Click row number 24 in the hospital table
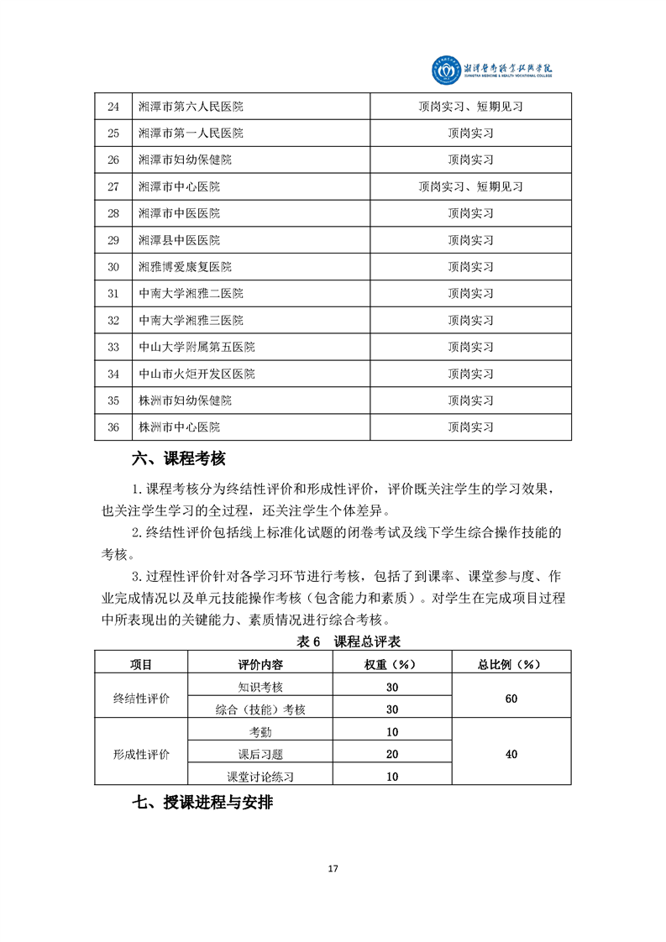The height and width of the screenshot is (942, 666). pos(113,107)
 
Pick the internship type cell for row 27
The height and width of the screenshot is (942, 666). pos(470,186)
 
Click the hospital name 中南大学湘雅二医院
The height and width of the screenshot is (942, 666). pos(191,294)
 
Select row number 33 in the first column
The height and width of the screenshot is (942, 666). pos(113,347)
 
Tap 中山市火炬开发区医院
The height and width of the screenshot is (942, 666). pos(197,374)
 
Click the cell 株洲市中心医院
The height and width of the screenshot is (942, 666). pos(179,427)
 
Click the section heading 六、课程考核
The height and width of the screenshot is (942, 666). pos(179,459)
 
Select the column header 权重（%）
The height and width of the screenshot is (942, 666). pos(391,664)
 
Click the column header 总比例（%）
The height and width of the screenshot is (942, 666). pos(511,664)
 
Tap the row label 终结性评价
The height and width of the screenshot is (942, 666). pos(141,698)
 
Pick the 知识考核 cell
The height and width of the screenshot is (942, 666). pos(260,687)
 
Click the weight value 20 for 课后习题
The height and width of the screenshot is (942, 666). pos(392,754)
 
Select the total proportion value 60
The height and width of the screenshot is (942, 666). pos(511,698)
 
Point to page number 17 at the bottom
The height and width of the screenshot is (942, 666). pos(333,868)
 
